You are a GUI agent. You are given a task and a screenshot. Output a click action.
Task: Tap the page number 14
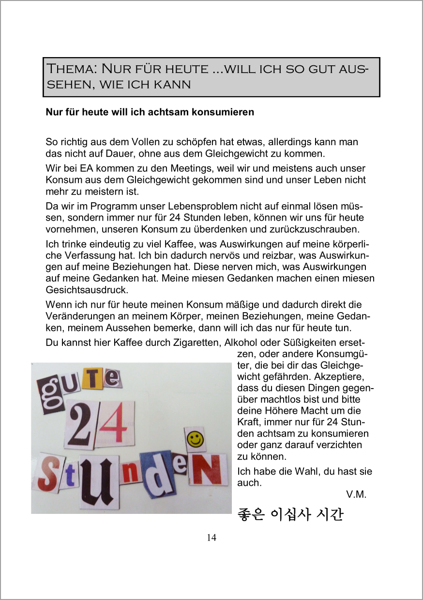point(211,538)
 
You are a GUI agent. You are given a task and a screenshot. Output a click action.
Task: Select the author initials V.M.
point(356,494)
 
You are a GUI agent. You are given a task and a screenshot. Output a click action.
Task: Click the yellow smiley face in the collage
point(195,440)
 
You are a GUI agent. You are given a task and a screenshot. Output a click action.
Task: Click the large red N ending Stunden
point(208,468)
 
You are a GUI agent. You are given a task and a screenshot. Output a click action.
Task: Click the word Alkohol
point(241,343)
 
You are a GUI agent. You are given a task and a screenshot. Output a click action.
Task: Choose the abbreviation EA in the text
point(80,168)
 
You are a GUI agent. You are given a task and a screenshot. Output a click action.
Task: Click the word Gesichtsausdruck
point(87,290)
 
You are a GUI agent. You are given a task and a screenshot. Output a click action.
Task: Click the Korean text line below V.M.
point(290,514)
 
